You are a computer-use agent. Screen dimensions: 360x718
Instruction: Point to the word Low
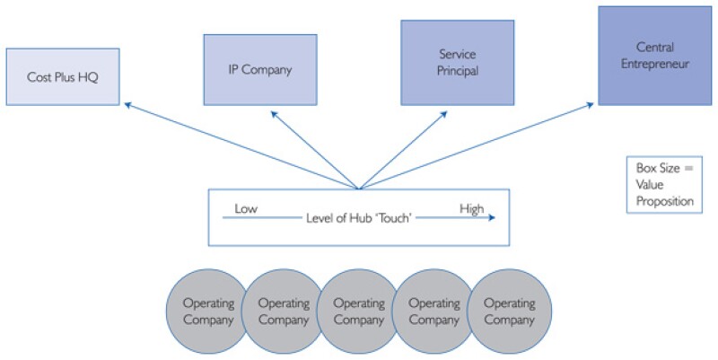coord(247,209)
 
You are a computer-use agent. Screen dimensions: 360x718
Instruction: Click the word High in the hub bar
coord(471,209)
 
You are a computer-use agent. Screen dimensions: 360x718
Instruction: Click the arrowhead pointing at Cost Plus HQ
coord(127,105)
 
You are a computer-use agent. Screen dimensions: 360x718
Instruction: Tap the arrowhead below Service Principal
coord(443,115)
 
